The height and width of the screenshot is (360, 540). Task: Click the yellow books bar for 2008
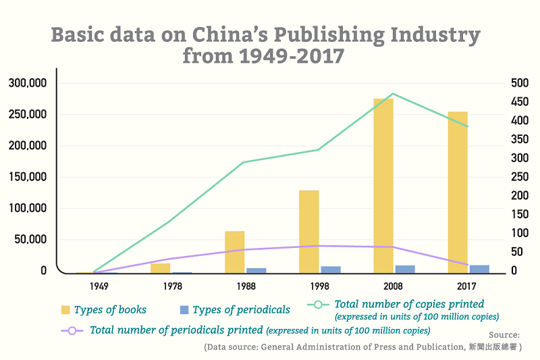[x=383, y=186]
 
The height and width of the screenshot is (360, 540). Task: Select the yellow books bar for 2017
[x=458, y=192]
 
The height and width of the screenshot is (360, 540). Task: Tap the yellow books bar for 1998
[x=309, y=232]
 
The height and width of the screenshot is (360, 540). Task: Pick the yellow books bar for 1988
[x=234, y=252]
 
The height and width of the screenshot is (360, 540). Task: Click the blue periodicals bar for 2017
[x=479, y=269]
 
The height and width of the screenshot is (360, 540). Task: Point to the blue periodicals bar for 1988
[x=256, y=271]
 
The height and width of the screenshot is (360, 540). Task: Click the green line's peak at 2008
[x=393, y=94]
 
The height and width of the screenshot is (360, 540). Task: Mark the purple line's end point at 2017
[x=468, y=265]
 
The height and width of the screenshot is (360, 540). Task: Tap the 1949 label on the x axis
[x=99, y=286]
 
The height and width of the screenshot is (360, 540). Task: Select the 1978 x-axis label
[x=173, y=286]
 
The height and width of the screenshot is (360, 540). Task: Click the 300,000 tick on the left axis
[x=28, y=83]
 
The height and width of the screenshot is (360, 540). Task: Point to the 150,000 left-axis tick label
[x=28, y=177]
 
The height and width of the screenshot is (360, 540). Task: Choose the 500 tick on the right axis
[x=520, y=83]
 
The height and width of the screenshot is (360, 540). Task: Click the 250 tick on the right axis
[x=520, y=177]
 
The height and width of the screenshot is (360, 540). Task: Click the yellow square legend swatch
[x=65, y=310]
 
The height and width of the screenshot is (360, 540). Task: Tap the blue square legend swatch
[x=184, y=310]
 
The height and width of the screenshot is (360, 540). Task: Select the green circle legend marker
[x=318, y=305]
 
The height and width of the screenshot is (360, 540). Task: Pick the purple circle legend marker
[x=72, y=331]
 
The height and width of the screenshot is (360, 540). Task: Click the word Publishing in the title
[x=329, y=35]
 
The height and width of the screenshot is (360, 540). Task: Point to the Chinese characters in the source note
[x=493, y=347]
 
